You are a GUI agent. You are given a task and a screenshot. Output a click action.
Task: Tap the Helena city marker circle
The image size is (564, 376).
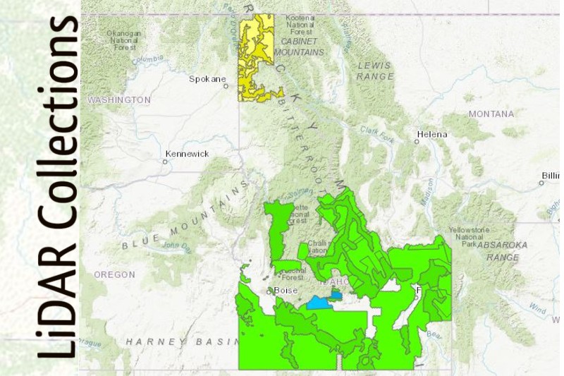tap(417, 142)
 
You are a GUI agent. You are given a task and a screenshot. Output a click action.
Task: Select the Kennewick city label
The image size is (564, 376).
tap(187, 154)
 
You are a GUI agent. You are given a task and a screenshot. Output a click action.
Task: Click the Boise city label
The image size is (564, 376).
tap(286, 291)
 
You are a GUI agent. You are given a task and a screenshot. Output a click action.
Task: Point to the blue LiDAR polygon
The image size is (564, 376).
tap(319, 304)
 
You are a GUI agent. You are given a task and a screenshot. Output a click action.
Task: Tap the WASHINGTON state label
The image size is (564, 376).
tap(119, 100)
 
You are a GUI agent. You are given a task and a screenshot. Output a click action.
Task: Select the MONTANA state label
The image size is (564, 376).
tap(491, 114)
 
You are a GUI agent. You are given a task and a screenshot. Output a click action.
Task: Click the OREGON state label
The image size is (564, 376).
tap(114, 274)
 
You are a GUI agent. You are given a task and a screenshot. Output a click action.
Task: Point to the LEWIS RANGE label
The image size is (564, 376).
tap(374, 70)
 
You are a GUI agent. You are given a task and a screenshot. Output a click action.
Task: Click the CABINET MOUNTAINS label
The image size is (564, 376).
tap(300, 48)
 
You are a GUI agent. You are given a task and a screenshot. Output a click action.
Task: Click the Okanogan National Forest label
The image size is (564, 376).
tap(124, 41)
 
